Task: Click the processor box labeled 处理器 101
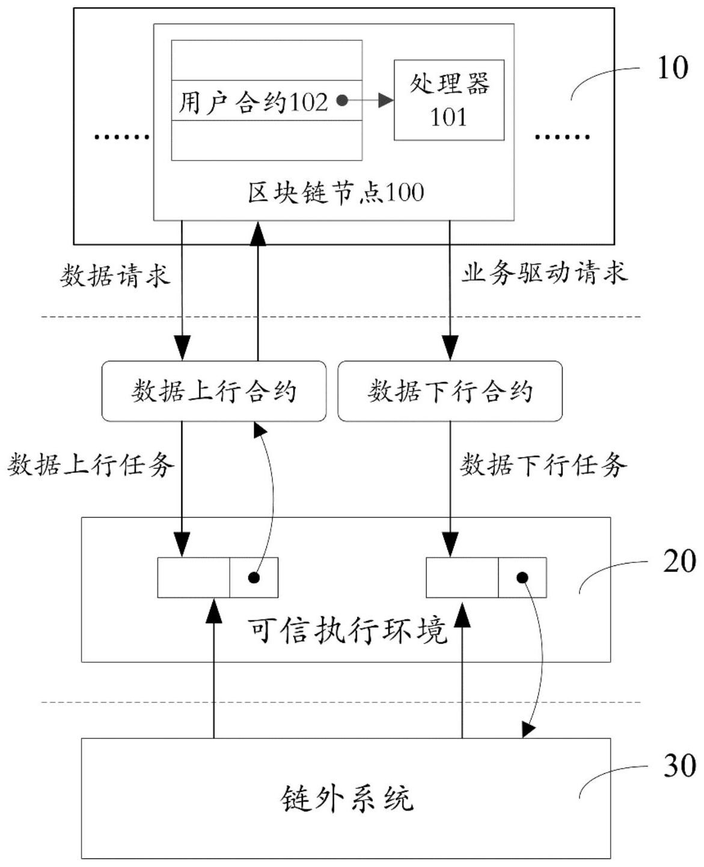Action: tap(448, 100)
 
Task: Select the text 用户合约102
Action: tap(253, 103)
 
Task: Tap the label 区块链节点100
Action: tap(335, 193)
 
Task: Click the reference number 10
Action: tap(672, 68)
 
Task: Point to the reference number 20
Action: tap(679, 561)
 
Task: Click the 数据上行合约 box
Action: tap(213, 391)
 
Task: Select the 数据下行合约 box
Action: tap(450, 391)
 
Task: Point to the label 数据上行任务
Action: tap(91, 464)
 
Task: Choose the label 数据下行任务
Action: tap(543, 464)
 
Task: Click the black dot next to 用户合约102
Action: tap(341, 102)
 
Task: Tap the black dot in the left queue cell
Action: tap(254, 578)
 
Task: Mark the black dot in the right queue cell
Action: tap(522, 578)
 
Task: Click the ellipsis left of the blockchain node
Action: tap(122, 138)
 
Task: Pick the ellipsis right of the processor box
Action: tap(562, 138)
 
